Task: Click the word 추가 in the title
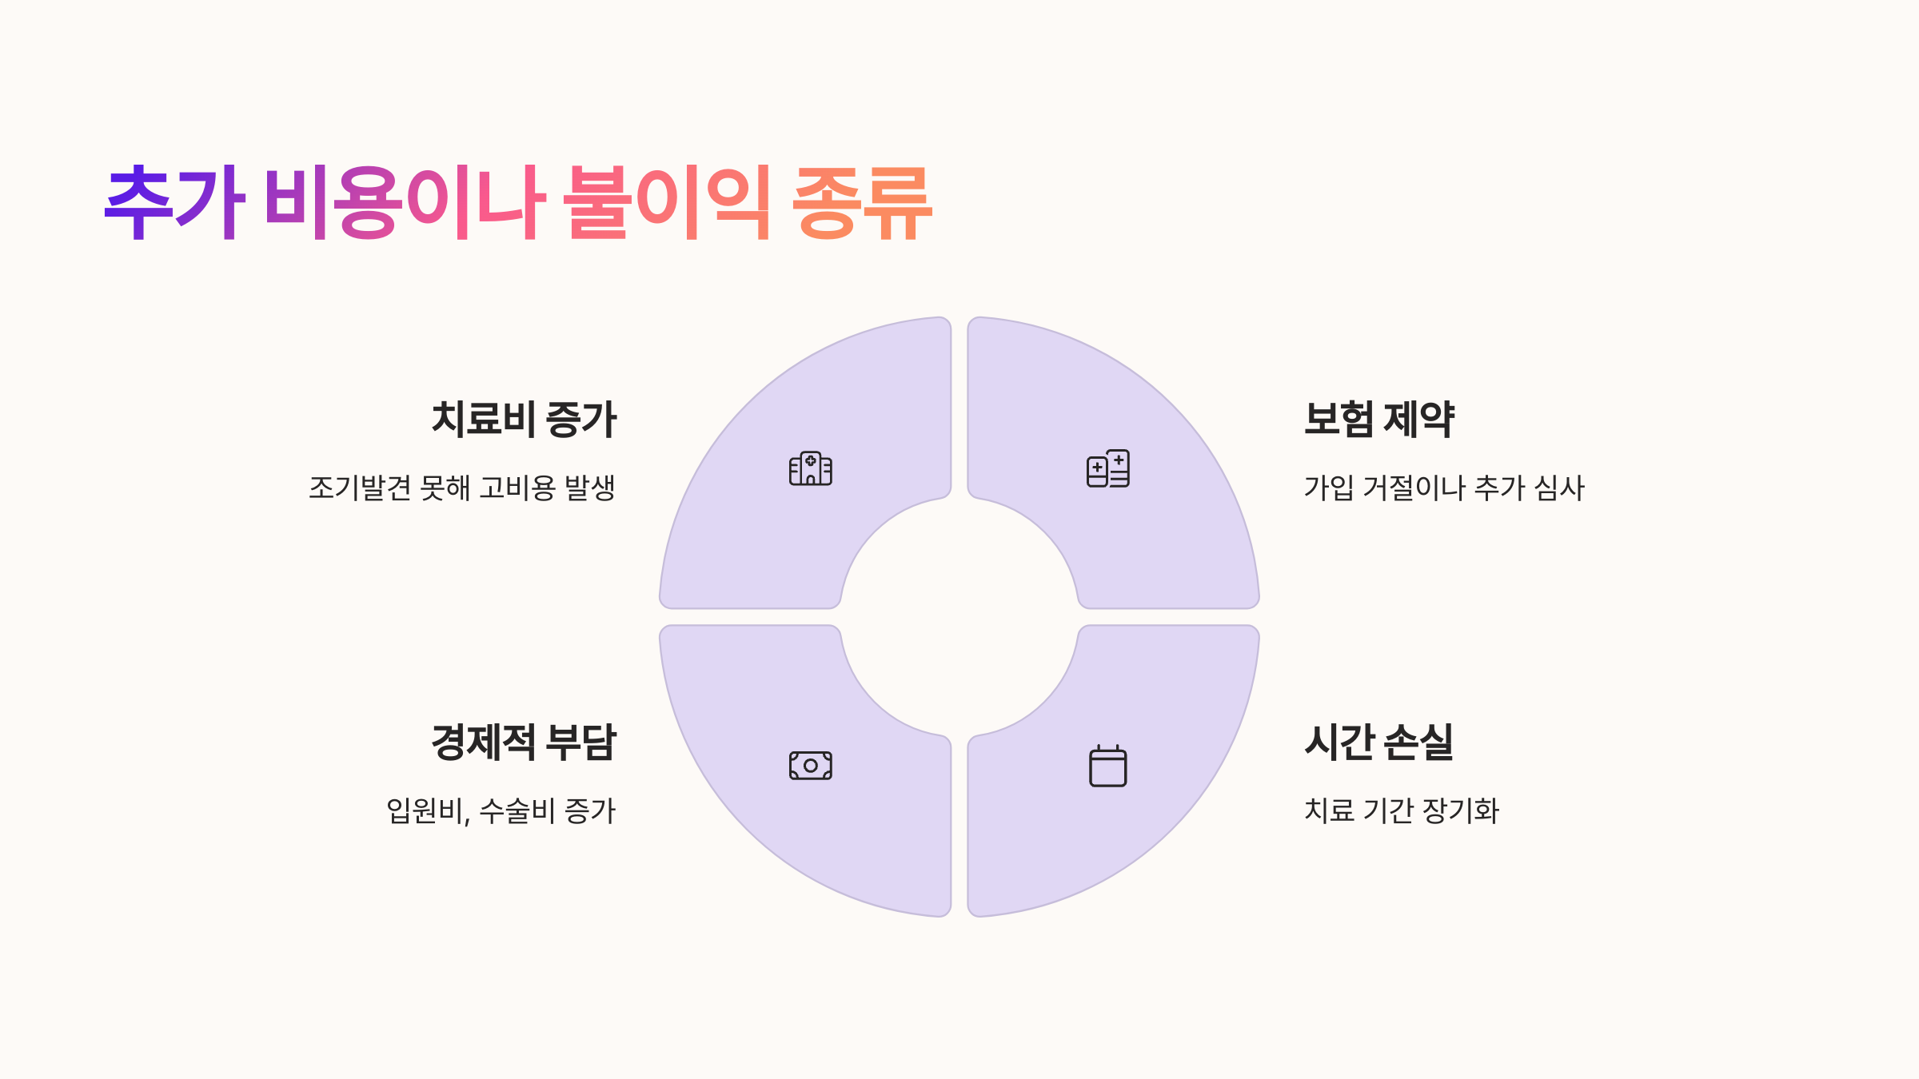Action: click(x=174, y=203)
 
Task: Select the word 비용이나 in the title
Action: click(x=405, y=203)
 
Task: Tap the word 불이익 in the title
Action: click(x=667, y=203)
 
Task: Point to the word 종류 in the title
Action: click(x=862, y=203)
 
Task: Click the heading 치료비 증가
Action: click(x=524, y=419)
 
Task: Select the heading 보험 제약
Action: click(x=1378, y=419)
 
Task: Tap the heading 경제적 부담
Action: click(x=524, y=742)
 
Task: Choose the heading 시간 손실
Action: click(x=1378, y=742)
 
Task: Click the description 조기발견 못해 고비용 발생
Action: click(x=462, y=488)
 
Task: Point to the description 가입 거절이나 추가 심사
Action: click(x=1444, y=488)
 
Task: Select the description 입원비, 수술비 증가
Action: click(x=501, y=810)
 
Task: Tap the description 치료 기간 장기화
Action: click(x=1402, y=810)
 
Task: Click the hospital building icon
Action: click(x=810, y=468)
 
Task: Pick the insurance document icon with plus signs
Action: click(x=1108, y=468)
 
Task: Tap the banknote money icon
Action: click(x=810, y=766)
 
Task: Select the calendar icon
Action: click(x=1108, y=766)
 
